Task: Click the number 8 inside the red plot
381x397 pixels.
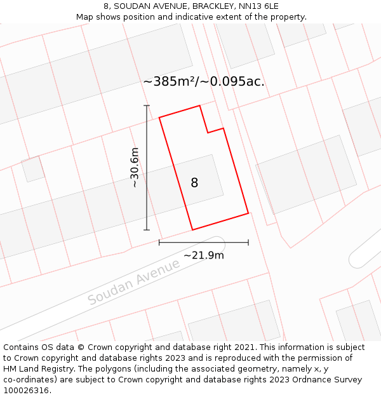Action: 194,183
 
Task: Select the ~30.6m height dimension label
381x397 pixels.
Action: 135,168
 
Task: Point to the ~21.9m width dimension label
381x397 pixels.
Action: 203,255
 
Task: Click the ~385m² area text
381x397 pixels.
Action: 170,82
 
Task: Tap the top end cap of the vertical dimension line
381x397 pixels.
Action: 147,105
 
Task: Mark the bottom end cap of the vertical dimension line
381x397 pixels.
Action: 147,230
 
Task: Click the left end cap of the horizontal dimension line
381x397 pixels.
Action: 159,242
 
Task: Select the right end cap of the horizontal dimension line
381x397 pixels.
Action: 248,242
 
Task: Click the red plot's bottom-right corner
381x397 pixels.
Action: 248,213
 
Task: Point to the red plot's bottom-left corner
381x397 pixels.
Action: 192,229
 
